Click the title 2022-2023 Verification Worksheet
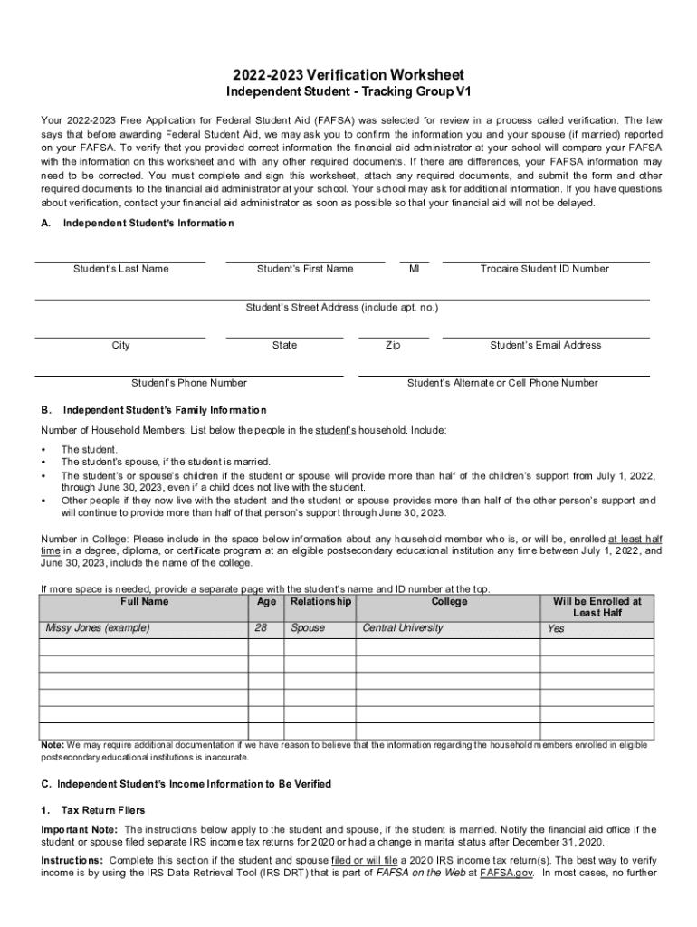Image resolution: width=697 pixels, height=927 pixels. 348,74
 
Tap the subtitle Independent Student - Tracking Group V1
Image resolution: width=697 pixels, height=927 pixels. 348,92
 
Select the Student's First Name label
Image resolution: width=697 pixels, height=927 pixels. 305,269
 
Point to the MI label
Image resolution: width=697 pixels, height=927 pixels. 414,269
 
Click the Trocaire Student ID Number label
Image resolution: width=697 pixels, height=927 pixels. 545,269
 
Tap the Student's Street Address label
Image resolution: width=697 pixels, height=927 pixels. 342,308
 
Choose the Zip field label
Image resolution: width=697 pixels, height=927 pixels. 393,345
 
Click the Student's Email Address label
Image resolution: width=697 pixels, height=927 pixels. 545,345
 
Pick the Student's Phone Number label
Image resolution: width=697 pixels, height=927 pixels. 189,383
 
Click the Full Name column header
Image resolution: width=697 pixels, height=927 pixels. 144,601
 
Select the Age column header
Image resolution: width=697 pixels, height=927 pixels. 266,601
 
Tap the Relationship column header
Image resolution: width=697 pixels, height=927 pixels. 320,601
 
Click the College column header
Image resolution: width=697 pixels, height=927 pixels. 449,601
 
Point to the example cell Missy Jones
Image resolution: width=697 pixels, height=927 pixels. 98,627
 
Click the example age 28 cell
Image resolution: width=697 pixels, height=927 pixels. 262,627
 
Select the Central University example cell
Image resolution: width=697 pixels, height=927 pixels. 403,627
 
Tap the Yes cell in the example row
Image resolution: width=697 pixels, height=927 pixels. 556,628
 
